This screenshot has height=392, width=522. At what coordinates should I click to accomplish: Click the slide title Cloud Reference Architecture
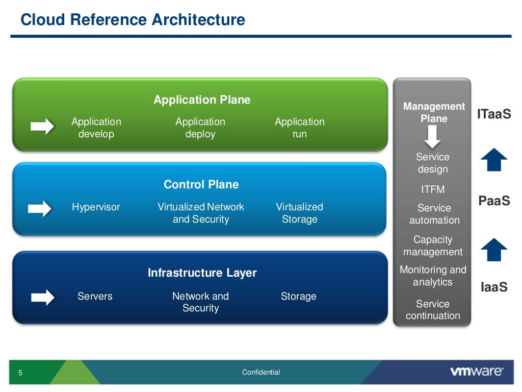pos(133,20)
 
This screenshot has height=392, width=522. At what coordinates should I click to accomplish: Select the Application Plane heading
pos(202,100)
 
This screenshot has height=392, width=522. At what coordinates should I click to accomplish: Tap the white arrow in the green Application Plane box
pos(42,126)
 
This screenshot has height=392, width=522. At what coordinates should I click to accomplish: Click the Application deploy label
pos(200,128)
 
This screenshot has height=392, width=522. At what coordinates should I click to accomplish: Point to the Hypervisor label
pos(96,207)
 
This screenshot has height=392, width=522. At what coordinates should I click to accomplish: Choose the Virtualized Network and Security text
pos(201,213)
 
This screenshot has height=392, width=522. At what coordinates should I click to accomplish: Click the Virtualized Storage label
pos(299,213)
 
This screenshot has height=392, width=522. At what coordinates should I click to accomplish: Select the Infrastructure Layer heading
pos(202,273)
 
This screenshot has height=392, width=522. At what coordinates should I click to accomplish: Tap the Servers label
pos(95,296)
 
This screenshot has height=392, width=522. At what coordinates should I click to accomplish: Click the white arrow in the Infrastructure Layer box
pos(42,297)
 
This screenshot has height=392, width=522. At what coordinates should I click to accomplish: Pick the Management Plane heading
pos(434,112)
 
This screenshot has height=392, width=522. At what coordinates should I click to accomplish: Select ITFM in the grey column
pos(433,189)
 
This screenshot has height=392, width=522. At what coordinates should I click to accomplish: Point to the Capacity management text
pos(433,246)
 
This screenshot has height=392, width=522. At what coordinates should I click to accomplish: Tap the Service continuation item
pos(433,309)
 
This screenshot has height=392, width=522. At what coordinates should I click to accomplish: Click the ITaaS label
pos(493,114)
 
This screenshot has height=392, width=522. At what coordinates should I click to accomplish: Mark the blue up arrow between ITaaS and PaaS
pos(493,160)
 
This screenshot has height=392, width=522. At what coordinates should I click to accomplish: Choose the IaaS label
pos(494,287)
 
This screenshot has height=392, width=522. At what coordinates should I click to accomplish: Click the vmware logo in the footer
pos(476,372)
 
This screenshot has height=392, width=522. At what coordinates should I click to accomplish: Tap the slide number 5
pos(20,373)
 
